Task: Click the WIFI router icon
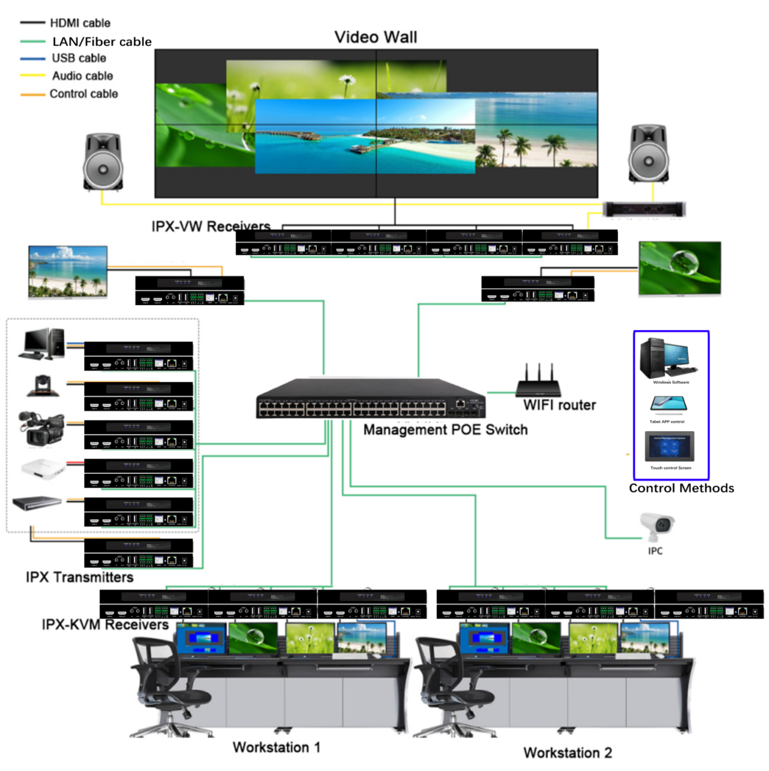tap(539, 383)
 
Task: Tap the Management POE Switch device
tap(371, 399)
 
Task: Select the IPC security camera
tap(656, 525)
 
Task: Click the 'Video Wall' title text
tap(375, 38)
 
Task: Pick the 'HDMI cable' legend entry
tap(79, 23)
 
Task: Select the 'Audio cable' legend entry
tap(82, 76)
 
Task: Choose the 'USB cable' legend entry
tap(78, 58)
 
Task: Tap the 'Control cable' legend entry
tap(83, 94)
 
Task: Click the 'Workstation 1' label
tap(276, 747)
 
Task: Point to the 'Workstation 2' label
tap(567, 753)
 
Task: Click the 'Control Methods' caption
tap(681, 488)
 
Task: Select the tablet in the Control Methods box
tap(668, 404)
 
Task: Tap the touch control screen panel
tap(670, 447)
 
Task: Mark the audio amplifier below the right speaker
tap(644, 210)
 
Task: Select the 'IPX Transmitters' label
tap(79, 577)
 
